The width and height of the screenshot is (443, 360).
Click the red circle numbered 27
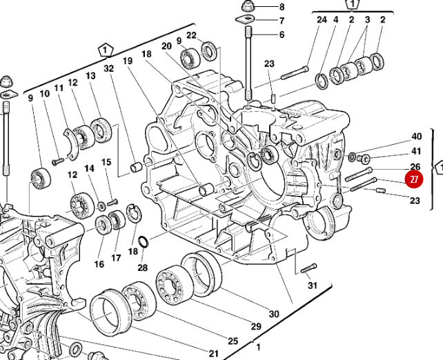[413, 181]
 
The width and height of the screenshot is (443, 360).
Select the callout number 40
[416, 137]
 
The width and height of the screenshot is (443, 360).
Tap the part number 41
[416, 151]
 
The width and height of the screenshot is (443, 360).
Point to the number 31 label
[313, 286]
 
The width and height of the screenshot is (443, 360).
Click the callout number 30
[274, 314]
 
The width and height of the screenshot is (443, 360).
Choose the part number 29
[255, 327]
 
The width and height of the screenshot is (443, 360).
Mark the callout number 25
[233, 341]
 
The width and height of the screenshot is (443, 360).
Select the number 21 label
[213, 354]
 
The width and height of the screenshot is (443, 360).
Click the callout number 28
[143, 267]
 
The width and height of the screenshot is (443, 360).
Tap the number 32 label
[109, 68]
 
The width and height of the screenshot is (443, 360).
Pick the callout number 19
[128, 61]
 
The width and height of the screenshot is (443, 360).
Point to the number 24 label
[321, 20]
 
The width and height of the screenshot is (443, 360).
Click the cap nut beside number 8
[246, 8]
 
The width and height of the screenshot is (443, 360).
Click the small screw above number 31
[308, 268]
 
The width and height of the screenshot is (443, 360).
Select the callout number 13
[90, 76]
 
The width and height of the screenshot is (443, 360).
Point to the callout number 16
[99, 263]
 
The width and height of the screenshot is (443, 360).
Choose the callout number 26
[415, 167]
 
